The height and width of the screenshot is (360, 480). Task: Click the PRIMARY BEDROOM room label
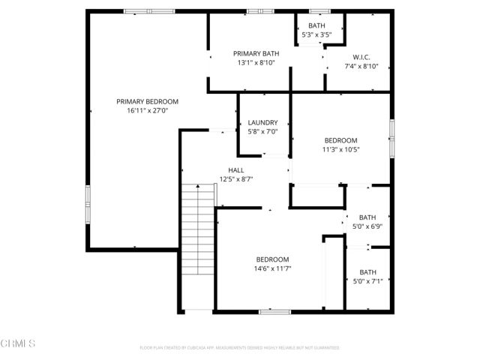(x=147, y=101)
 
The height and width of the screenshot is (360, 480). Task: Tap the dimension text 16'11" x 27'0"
(x=147, y=110)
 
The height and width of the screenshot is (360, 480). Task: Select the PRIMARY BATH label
(x=254, y=53)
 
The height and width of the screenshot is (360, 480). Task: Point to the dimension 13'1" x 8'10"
(x=254, y=63)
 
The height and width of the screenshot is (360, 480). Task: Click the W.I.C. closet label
(x=361, y=57)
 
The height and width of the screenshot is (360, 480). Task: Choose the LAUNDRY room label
(x=262, y=122)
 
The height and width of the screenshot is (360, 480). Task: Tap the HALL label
(x=236, y=170)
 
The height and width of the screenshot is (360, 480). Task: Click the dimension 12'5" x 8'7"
(x=236, y=179)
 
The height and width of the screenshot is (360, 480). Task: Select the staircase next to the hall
(x=198, y=229)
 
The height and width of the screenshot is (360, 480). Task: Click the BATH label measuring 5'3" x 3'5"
(x=316, y=25)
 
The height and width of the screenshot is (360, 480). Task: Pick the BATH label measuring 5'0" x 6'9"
(x=367, y=217)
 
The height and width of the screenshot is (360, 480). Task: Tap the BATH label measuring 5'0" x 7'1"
(x=367, y=272)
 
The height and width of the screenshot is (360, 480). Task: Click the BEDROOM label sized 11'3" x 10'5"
(x=340, y=140)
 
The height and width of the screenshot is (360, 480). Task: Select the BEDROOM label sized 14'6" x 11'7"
(x=271, y=259)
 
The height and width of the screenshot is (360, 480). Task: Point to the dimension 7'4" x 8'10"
(x=361, y=66)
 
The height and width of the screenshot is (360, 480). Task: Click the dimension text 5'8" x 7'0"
(x=262, y=131)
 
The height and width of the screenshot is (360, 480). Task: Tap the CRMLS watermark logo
(x=18, y=343)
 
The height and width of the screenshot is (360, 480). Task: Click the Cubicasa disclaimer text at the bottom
(x=239, y=348)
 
